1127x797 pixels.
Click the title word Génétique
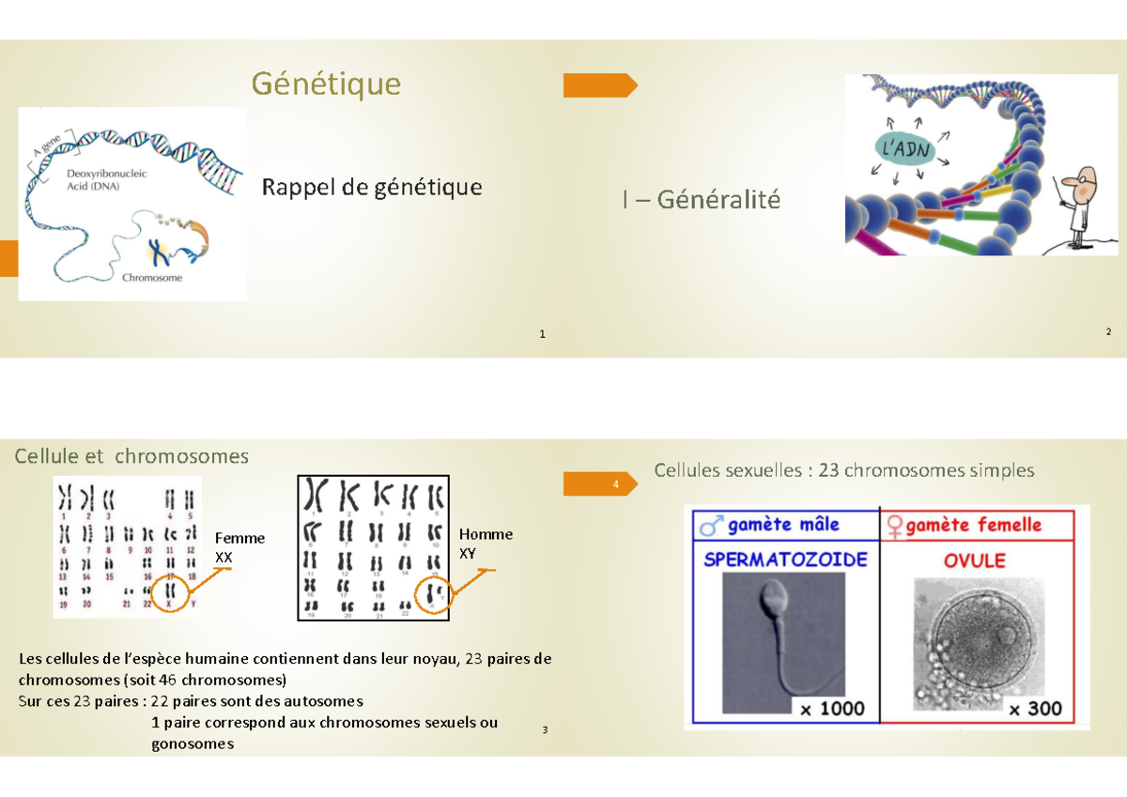tap(325, 84)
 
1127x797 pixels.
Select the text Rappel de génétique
tap(371, 187)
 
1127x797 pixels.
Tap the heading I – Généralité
tap(701, 200)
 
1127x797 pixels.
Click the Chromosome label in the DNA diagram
tap(152, 278)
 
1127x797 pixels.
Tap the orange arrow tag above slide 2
tap(599, 85)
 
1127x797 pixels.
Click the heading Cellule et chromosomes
tap(131, 456)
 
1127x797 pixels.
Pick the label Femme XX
tap(239, 547)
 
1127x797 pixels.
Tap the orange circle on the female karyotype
tap(171, 592)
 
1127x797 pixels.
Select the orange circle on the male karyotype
tap(433, 594)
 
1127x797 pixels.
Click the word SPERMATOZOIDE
tap(785, 559)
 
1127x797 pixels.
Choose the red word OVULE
tap(974, 560)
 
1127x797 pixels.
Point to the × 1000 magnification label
tap(831, 709)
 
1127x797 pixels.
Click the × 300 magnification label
tap(1034, 709)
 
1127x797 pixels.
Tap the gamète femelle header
tap(973, 524)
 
